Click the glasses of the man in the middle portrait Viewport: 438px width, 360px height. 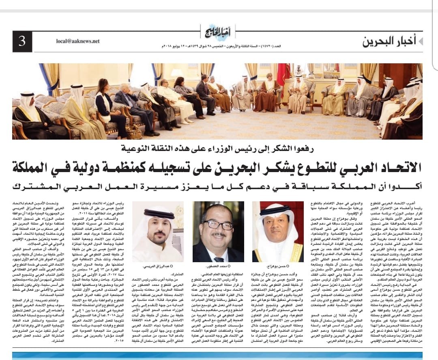[x=218, y=224]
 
